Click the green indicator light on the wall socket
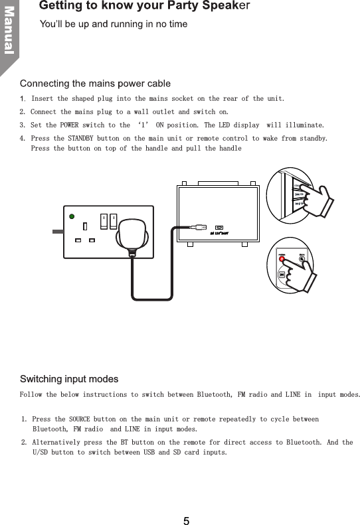pos(71,216)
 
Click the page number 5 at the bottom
pos(187,521)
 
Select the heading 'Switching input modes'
pos(69,380)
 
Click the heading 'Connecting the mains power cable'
pos(95,84)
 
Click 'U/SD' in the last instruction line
pos(40,452)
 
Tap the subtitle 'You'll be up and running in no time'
pos(114,25)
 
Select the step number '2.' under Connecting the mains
pos(23,112)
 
